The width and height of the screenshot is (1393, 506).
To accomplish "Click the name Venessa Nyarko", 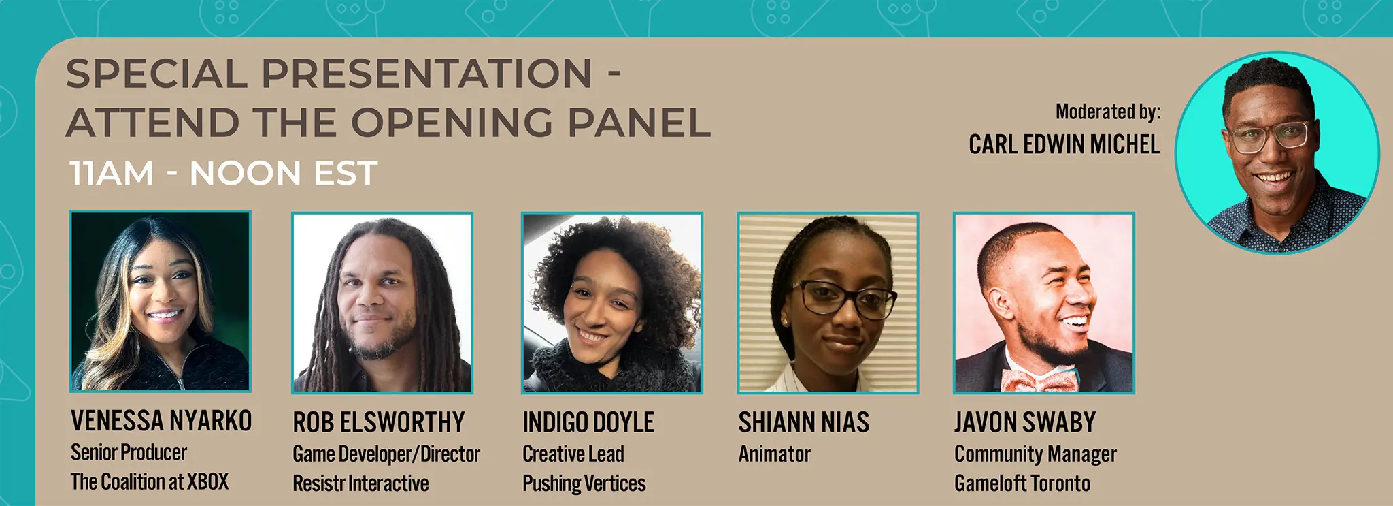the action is (x=161, y=421).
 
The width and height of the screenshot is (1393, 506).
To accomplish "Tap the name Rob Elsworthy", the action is (x=379, y=422).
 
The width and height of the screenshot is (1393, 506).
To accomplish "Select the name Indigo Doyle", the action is (x=588, y=422).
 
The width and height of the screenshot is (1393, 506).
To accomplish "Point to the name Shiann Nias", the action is (x=804, y=422).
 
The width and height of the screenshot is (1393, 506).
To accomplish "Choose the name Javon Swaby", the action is (x=1025, y=422).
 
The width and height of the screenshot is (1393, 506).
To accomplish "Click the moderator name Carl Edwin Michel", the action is (x=1064, y=144).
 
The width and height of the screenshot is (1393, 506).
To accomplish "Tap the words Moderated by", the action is (x=1108, y=112).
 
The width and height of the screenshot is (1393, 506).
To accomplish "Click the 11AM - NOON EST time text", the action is (x=223, y=173).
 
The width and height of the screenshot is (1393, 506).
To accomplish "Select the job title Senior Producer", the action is (x=129, y=453).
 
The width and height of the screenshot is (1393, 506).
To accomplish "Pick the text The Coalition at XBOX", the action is (x=150, y=482).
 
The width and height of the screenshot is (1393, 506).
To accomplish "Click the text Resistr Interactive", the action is (x=360, y=484).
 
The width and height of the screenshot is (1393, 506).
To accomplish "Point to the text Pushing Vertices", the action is (x=584, y=484).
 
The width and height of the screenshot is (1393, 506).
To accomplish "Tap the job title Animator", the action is (x=775, y=454).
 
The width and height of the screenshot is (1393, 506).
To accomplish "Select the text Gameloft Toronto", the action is (x=1022, y=484).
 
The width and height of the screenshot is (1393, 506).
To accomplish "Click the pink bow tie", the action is (x=1039, y=380).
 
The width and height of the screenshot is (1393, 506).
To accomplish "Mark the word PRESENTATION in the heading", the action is (x=427, y=74).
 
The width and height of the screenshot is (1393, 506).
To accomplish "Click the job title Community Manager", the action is (x=1035, y=454).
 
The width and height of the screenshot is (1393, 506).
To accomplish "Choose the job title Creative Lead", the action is (x=573, y=454).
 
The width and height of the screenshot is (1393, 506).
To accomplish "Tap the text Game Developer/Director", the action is (x=386, y=454).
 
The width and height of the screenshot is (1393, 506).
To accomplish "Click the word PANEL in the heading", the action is (x=639, y=123).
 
